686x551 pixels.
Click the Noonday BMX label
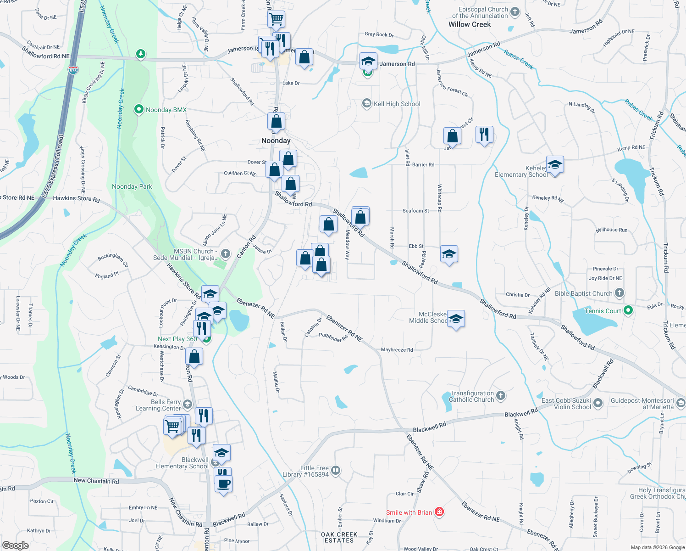point(166,110)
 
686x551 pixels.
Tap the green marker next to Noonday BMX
point(138,110)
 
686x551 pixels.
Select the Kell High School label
point(397,104)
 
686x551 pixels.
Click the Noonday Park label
point(132,187)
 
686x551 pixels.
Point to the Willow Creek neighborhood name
point(470,25)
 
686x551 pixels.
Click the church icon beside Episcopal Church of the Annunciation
point(515,12)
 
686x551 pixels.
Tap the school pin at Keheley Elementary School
point(555,165)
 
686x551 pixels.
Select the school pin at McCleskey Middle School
point(455,319)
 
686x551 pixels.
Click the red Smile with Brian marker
point(439,512)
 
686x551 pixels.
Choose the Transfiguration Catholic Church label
point(472,397)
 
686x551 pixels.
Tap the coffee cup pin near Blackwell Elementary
point(223,484)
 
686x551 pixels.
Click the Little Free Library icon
point(336,470)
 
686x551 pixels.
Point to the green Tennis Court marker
point(628,311)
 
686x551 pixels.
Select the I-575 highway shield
point(73,70)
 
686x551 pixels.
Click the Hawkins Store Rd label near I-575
point(76,199)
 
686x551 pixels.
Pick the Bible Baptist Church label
point(583,294)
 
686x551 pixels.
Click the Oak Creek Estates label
point(339,538)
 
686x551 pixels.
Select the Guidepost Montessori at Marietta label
point(642,404)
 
